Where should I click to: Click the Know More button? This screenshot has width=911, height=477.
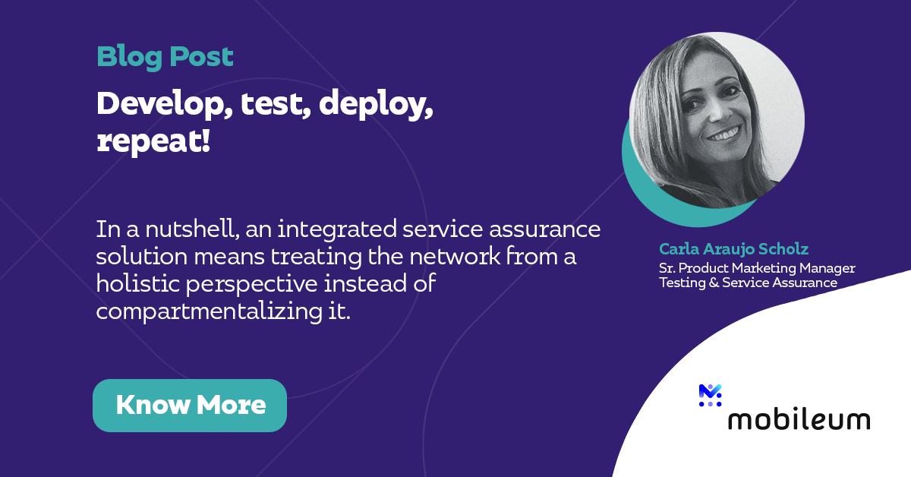[x=190, y=405]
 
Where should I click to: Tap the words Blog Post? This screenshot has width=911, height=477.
[x=165, y=56]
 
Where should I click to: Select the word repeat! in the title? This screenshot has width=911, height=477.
[x=153, y=141]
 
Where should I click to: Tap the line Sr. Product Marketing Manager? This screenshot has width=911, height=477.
[x=757, y=268]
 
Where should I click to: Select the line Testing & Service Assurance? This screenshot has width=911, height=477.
[x=748, y=283]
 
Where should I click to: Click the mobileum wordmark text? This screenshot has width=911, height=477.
[x=799, y=419]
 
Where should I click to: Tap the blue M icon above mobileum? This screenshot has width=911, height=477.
[x=710, y=395]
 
